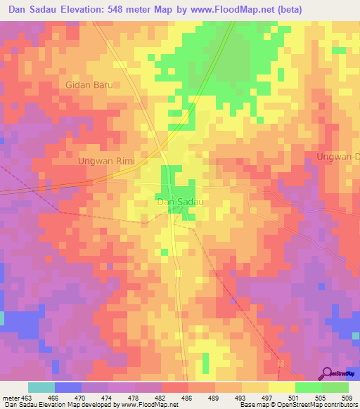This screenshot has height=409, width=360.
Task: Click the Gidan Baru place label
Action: [x=89, y=84]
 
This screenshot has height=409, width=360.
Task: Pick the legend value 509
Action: [x=347, y=398]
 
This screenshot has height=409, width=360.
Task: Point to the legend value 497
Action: [x=267, y=398]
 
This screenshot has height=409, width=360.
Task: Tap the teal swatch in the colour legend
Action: [x=41, y=387]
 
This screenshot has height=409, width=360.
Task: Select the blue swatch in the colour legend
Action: [x=68, y=387]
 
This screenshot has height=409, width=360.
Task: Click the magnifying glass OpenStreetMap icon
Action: [x=326, y=374]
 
